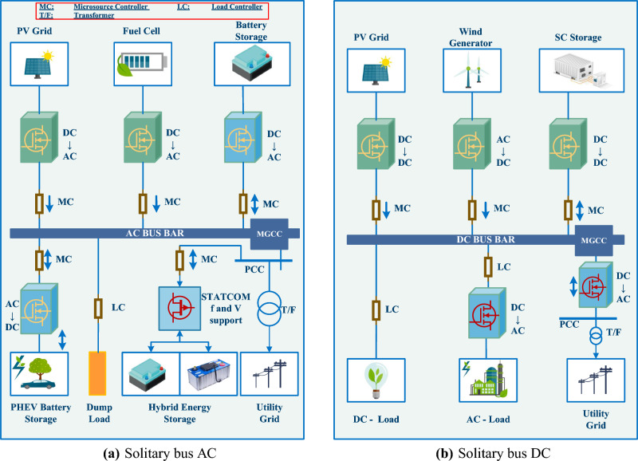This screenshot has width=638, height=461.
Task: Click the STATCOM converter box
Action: tap(180, 307)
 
